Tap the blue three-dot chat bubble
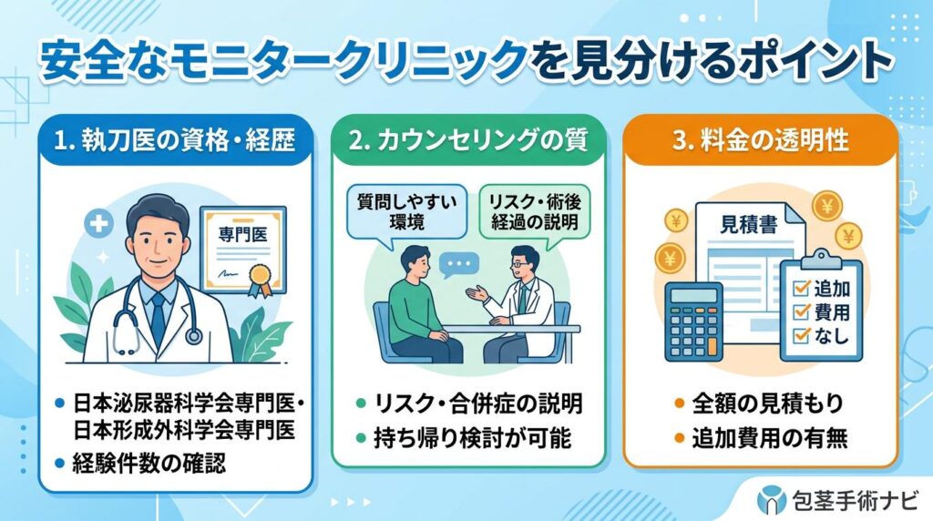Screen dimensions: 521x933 click(458, 265)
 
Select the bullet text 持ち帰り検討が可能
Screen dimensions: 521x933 click(475, 439)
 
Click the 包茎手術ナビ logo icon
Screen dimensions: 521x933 click(771, 499)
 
